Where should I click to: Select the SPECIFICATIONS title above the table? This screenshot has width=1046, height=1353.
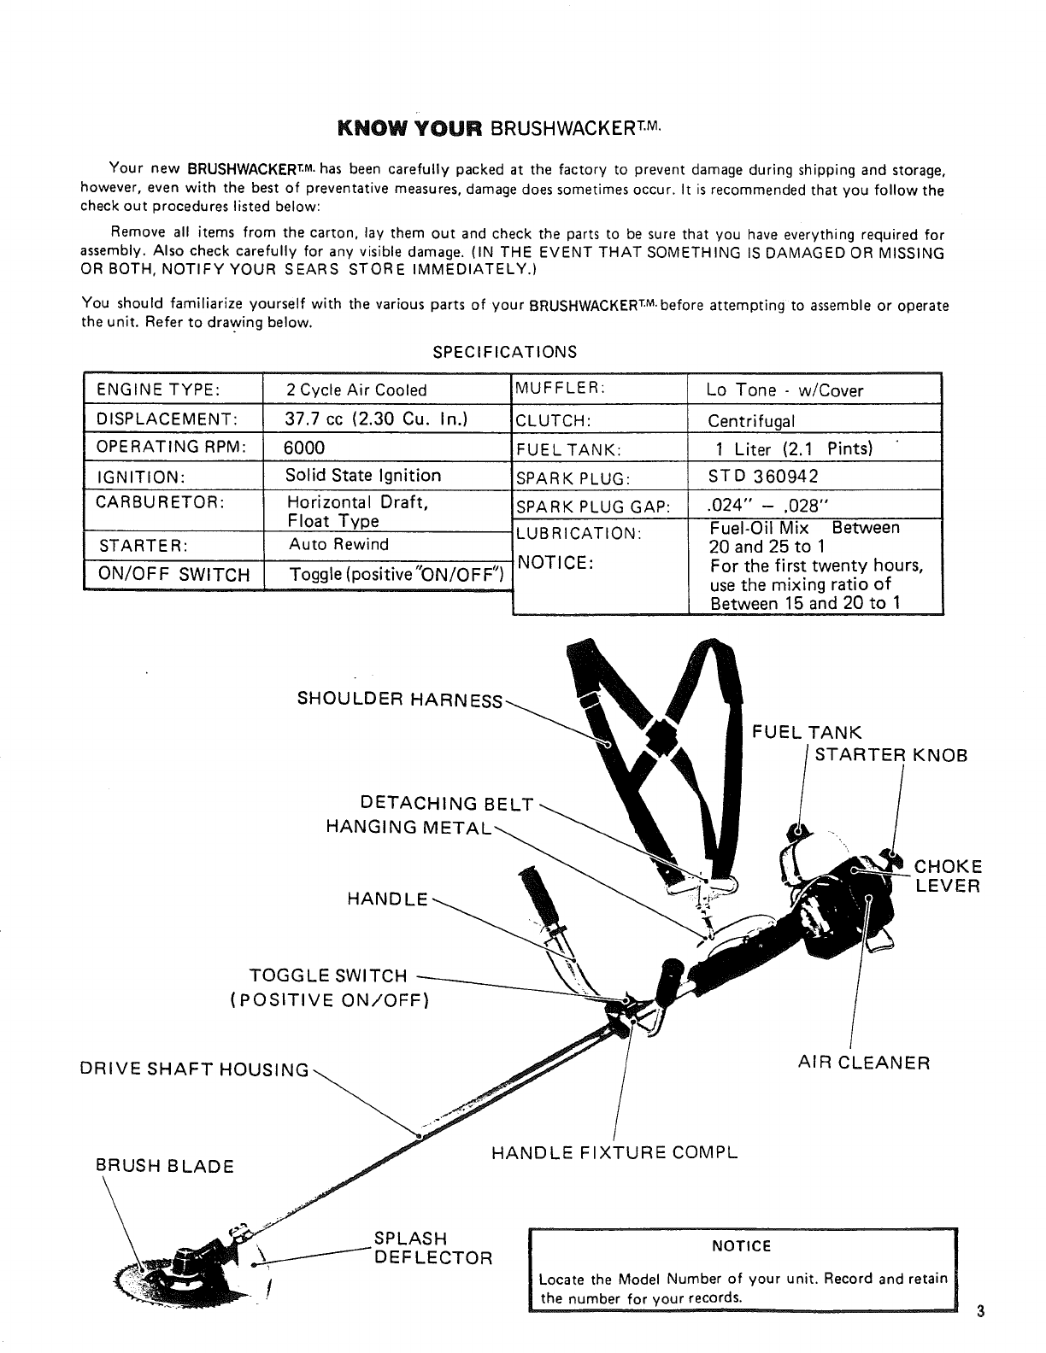tap(505, 352)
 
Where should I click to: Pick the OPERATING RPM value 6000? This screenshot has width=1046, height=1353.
tap(305, 448)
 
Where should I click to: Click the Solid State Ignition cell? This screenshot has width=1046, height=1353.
tap(363, 476)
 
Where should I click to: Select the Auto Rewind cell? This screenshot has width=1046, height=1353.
tap(338, 544)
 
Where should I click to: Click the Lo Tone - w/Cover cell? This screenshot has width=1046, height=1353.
tap(784, 390)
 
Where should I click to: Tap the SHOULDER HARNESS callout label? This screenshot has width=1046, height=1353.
tap(400, 699)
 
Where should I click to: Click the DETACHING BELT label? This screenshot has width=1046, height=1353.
tap(448, 804)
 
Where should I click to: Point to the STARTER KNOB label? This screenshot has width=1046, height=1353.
tap(891, 755)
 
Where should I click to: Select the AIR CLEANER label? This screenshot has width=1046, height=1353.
tap(863, 1063)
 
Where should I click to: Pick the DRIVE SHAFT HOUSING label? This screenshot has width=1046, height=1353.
tap(194, 1069)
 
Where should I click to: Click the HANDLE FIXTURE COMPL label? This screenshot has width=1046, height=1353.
tap(614, 1153)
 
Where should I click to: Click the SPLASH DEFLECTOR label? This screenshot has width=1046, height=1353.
tap(432, 1249)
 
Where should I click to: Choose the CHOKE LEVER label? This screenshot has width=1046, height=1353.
tap(949, 876)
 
